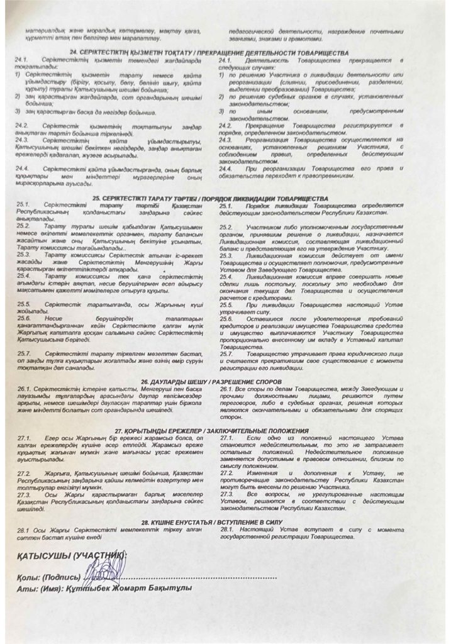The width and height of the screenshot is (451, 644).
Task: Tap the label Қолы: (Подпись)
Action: pos(50,576)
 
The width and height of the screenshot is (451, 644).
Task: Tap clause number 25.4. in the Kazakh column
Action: pos(25,275)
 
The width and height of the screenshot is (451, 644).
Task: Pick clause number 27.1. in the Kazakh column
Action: pos(25,437)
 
